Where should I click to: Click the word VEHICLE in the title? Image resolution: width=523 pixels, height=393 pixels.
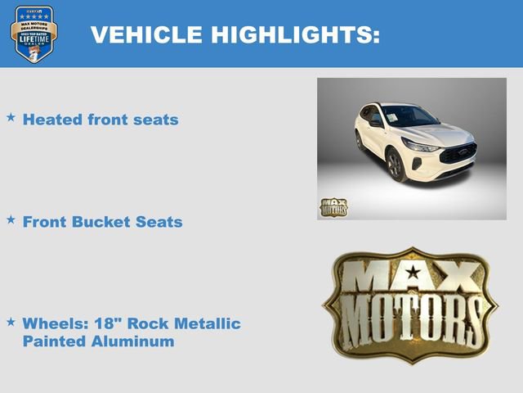click(146, 35)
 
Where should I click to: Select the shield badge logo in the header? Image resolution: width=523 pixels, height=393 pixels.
click(34, 34)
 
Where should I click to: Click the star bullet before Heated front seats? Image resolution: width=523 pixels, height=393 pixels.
click(11, 118)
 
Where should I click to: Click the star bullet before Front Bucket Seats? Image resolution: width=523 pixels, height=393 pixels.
click(11, 220)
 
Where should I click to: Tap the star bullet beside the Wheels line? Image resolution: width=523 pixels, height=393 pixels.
click(11, 322)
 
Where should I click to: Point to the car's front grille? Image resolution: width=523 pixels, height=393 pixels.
click(458, 155)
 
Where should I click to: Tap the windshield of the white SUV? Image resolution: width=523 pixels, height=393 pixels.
click(409, 116)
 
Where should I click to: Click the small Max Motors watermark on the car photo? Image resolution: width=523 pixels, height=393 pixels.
click(333, 207)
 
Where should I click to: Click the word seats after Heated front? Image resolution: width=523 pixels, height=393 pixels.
click(157, 120)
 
